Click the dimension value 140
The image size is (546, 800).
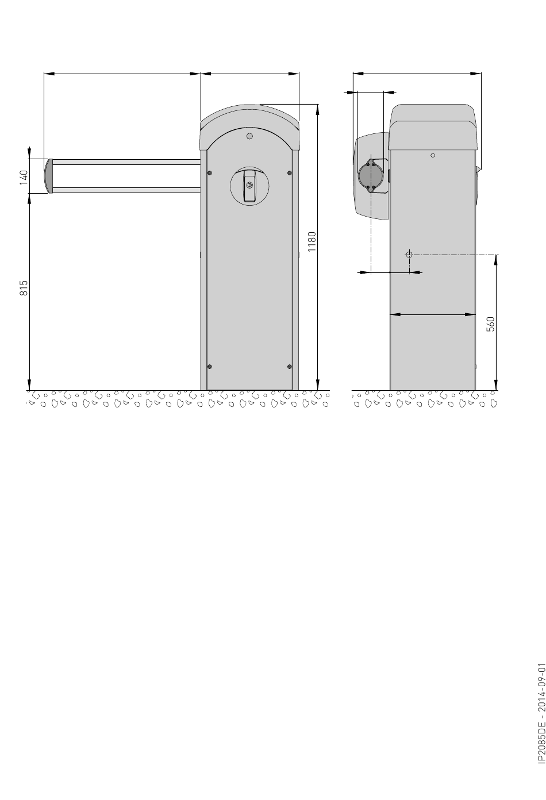(24, 178)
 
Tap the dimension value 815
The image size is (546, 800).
(24, 288)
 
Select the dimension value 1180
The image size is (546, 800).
(312, 241)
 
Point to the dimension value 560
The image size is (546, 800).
(491, 324)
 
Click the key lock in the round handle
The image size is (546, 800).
(249, 185)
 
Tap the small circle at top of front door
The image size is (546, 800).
(249, 136)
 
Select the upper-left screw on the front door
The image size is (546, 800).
(210, 173)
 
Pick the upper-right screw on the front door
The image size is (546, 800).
(289, 173)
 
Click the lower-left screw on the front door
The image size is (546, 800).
(210, 367)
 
